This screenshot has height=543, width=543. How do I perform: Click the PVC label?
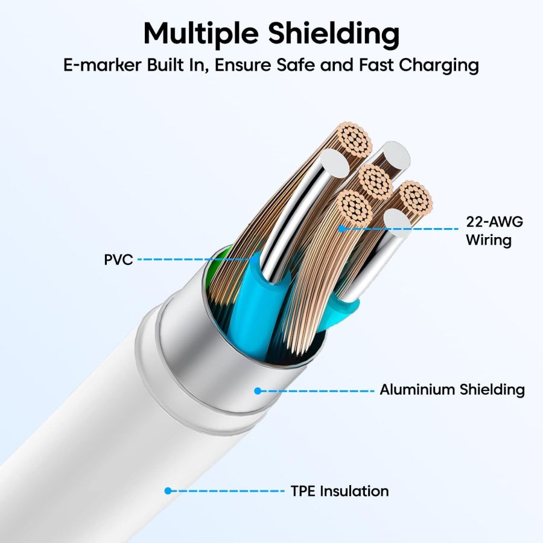(118, 260)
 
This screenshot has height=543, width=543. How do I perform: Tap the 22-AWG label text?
(494, 221)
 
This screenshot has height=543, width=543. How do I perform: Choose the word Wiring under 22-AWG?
(488, 240)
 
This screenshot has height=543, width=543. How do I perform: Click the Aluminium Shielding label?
(452, 390)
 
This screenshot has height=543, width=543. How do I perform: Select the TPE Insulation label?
(339, 491)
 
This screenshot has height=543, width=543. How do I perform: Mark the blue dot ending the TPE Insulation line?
(168, 491)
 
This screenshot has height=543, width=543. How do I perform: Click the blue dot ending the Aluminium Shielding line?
(258, 391)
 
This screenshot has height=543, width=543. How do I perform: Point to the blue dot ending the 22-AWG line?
(341, 229)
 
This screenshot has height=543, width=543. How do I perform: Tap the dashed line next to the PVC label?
(193, 260)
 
